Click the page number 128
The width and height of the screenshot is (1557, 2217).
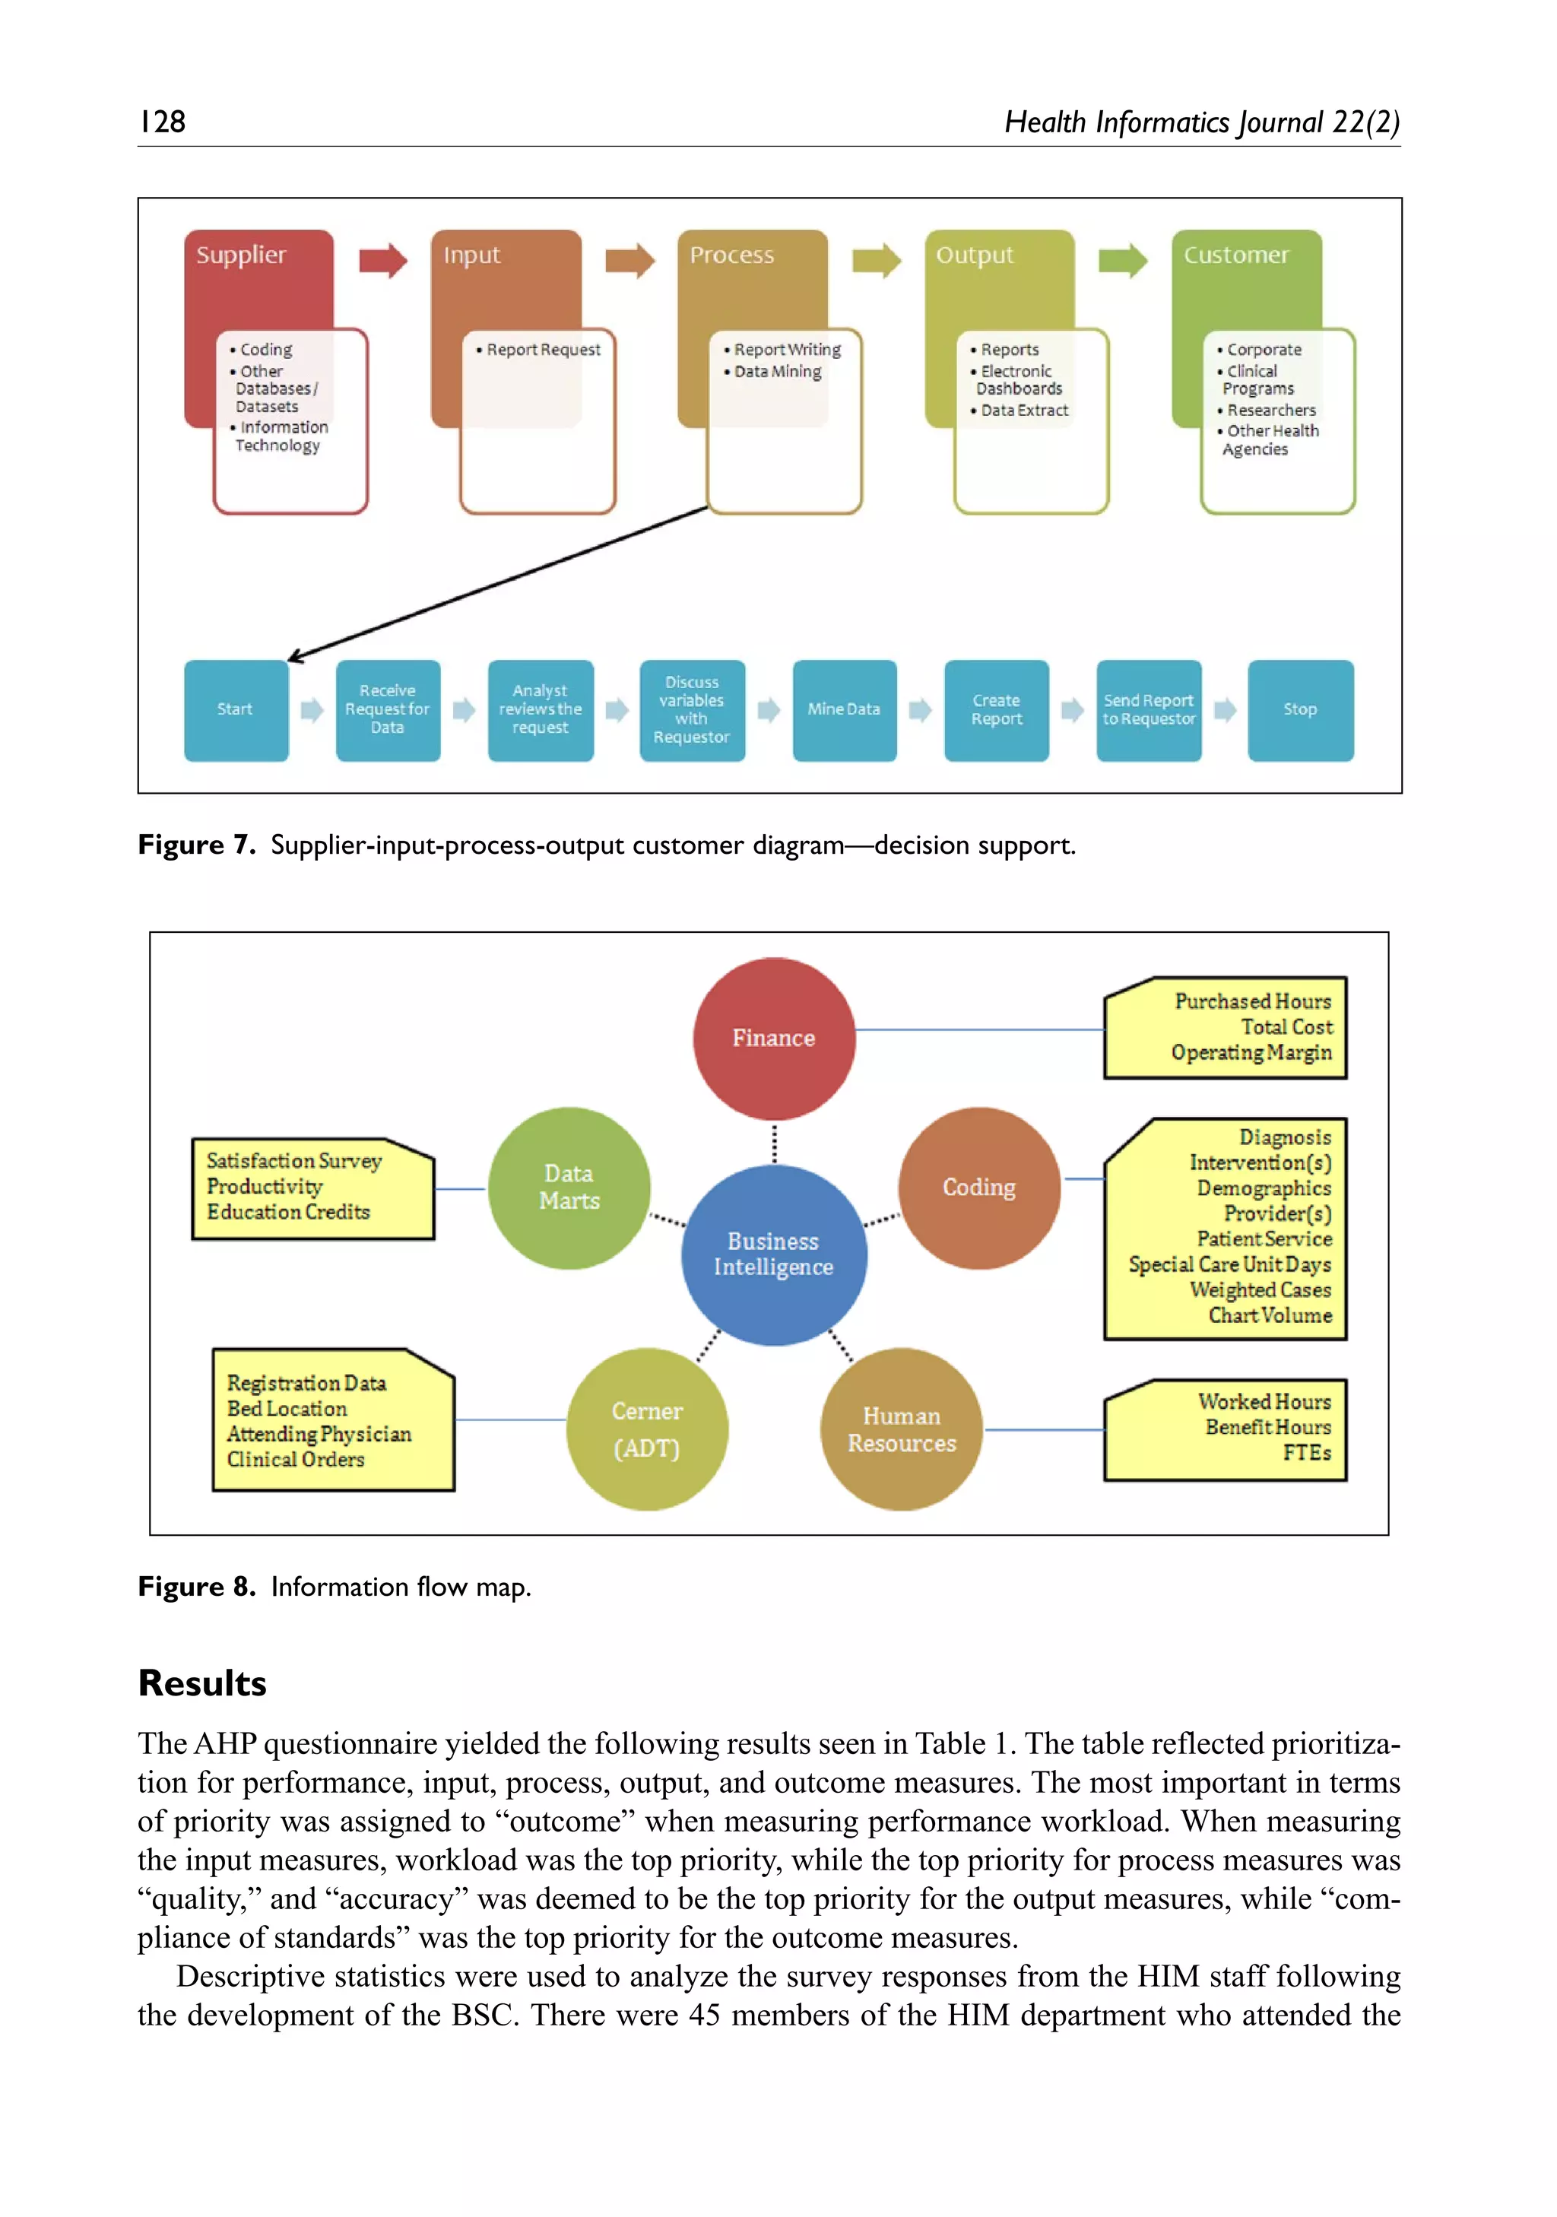click(162, 122)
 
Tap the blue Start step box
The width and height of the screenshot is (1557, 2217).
click(236, 709)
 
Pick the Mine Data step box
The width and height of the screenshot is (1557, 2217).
click(844, 709)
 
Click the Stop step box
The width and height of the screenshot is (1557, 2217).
click(1299, 709)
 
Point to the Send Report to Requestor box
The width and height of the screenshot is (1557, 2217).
click(1148, 709)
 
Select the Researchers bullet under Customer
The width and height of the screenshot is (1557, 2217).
click(1270, 411)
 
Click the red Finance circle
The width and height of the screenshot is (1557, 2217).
click(773, 1038)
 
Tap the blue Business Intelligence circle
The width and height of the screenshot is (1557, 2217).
click(773, 1254)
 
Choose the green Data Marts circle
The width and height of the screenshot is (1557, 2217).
click(569, 1188)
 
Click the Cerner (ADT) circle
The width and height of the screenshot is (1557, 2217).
click(647, 1429)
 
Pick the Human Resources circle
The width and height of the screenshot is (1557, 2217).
click(901, 1429)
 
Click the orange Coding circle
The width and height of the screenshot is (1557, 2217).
click(978, 1188)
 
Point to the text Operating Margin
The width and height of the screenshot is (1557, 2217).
click(1251, 1052)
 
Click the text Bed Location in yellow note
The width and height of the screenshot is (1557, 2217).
click(287, 1409)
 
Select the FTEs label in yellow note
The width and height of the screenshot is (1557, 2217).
click(1306, 1452)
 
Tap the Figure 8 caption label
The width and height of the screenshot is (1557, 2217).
click(196, 1587)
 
